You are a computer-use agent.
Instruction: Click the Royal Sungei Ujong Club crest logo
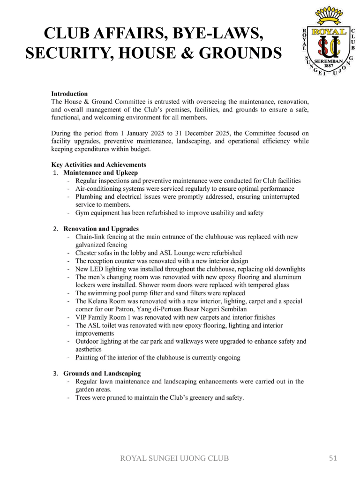coord(327,43)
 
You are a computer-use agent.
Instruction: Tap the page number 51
coord(333,458)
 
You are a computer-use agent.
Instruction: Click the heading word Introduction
coord(69,94)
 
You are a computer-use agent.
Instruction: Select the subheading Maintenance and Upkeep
coord(101,172)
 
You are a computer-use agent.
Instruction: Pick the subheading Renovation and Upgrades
coord(101,229)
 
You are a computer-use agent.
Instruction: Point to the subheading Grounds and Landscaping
coord(102,374)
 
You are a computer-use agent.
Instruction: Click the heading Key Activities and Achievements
coord(98,165)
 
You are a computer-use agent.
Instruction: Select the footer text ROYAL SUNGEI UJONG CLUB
coord(175,458)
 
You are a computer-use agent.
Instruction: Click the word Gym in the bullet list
coord(82,213)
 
